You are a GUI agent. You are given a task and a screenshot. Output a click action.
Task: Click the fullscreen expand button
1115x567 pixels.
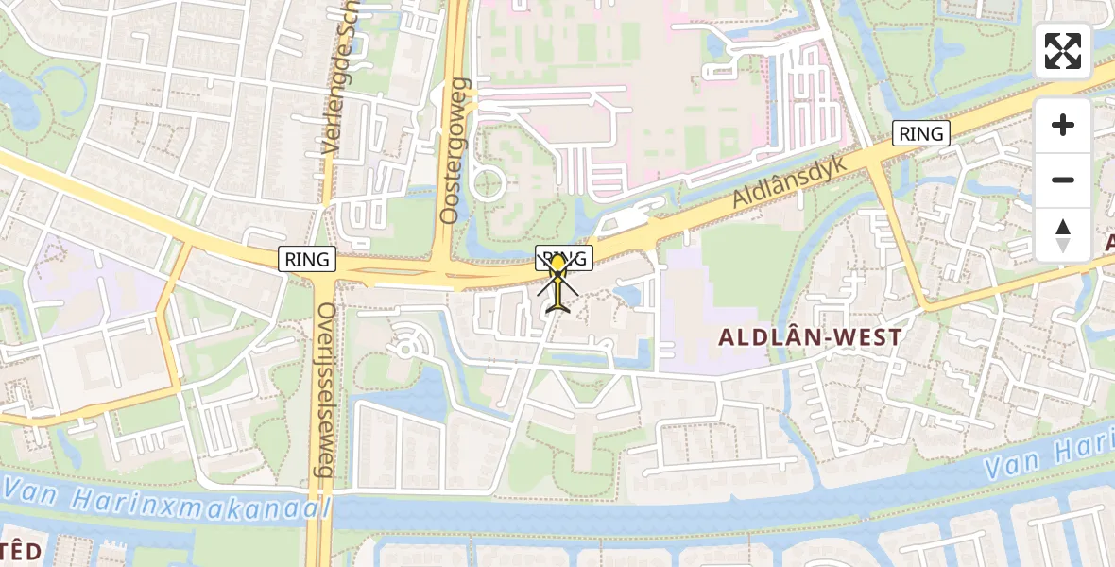click(x=1063, y=51)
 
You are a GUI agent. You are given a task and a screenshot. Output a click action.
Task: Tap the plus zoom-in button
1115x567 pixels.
click(x=1063, y=125)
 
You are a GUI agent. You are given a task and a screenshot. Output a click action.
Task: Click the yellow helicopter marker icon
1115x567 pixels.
click(x=558, y=283)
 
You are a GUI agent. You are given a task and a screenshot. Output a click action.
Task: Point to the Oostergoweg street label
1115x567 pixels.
click(x=455, y=151)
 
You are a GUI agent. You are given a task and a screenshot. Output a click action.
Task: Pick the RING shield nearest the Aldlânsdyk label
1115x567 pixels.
click(x=921, y=133)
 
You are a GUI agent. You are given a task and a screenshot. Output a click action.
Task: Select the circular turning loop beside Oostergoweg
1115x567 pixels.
click(x=487, y=181)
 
